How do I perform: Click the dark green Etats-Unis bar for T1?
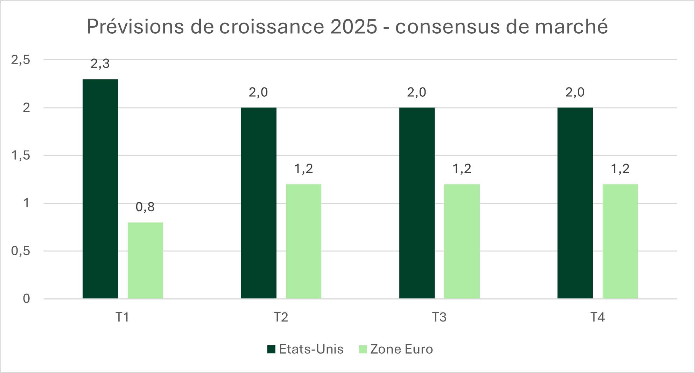(100, 189)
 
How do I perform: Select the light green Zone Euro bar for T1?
(145, 261)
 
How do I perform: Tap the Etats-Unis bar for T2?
(259, 203)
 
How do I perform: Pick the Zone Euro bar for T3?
(462, 242)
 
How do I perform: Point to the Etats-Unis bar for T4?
(575, 203)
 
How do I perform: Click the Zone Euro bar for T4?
(620, 242)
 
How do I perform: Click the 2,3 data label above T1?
(100, 64)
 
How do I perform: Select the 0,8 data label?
(145, 207)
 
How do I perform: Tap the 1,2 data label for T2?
(303, 169)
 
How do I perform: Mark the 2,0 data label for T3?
(416, 92)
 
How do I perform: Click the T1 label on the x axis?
(122, 317)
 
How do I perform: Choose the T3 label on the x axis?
(439, 317)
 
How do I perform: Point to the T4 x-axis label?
(597, 317)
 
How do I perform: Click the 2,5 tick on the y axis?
(21, 60)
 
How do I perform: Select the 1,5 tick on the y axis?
(21, 156)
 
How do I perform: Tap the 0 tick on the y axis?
(26, 299)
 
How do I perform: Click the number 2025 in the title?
(353, 26)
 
